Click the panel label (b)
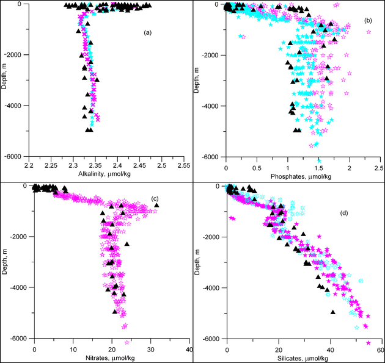coord(367,21)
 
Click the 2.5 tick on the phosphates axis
coord(378,167)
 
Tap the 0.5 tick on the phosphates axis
coord(257,167)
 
